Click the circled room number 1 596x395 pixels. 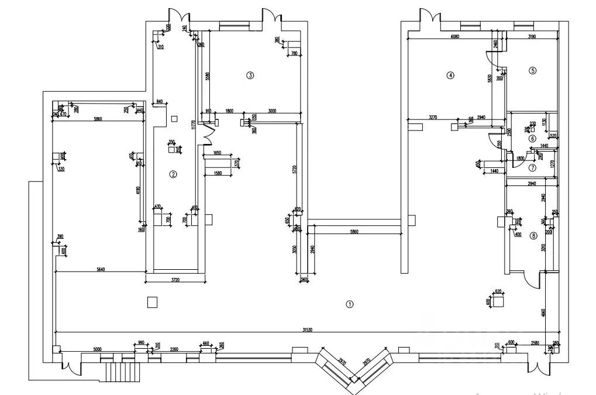(349, 304)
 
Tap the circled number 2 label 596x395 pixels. (173, 174)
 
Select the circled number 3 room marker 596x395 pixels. (250, 75)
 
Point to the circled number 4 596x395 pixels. (450, 75)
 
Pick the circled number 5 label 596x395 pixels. (532, 71)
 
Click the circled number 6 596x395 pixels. (532, 139)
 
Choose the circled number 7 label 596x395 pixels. (532, 167)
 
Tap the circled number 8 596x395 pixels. (533, 236)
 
